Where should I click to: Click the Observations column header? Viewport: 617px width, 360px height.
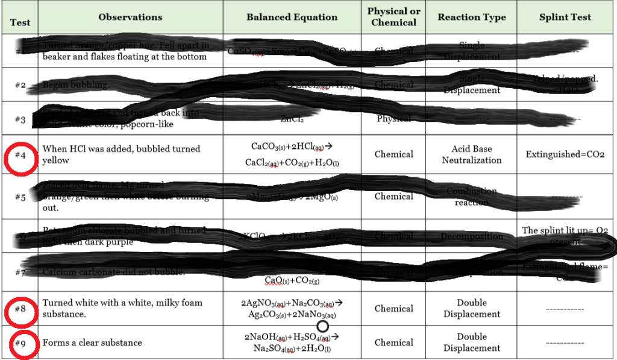click(x=130, y=17)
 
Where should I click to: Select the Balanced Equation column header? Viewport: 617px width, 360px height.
click(x=292, y=17)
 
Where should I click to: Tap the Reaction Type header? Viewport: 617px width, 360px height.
click(x=472, y=17)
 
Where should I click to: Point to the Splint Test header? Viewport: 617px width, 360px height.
click(x=565, y=17)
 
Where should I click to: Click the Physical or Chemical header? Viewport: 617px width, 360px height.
click(x=394, y=17)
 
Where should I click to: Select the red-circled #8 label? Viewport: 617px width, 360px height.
click(x=20, y=309)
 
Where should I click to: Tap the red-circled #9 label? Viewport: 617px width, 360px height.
click(x=20, y=343)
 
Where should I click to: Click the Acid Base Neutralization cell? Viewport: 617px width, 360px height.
click(x=472, y=154)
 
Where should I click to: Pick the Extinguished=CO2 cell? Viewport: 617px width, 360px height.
click(x=565, y=154)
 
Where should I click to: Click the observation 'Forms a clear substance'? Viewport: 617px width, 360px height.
click(x=92, y=343)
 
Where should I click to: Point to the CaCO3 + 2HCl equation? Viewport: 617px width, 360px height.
click(x=292, y=154)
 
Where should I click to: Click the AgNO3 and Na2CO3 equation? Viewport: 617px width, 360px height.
click(x=292, y=308)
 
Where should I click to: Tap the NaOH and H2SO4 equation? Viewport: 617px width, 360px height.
click(x=292, y=343)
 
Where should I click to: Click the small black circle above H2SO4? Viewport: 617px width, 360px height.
click(x=322, y=326)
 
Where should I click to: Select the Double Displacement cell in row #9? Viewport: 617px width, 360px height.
click(x=472, y=343)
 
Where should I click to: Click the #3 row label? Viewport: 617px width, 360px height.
click(x=20, y=119)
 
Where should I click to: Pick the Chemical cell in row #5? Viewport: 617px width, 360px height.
click(x=394, y=197)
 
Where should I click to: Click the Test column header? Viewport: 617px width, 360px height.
click(x=20, y=23)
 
